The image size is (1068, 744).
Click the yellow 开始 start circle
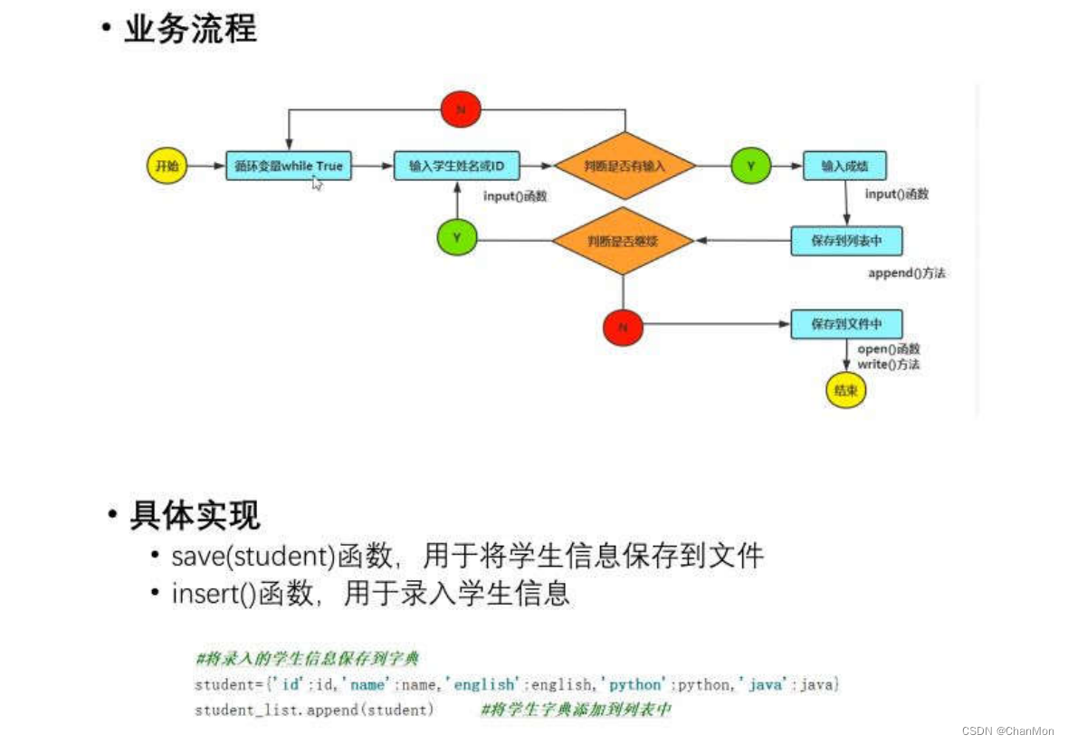[x=165, y=166]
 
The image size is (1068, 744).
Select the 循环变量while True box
[x=289, y=166]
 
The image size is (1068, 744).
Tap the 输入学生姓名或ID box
[x=457, y=166]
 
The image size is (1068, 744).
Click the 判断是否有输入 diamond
[x=625, y=166]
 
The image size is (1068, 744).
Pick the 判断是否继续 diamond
[x=624, y=241]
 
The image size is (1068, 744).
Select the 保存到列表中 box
[x=846, y=241]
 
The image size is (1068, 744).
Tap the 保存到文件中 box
[x=846, y=324]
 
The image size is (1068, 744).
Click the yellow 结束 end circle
[x=846, y=391]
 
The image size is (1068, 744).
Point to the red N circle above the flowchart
[x=461, y=110]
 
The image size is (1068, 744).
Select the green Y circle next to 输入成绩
[x=750, y=166]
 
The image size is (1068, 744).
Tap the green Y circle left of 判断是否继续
[x=456, y=238]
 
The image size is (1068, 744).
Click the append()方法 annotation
[x=906, y=273]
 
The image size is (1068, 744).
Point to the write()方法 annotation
[x=889, y=364]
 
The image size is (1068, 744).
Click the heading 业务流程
[x=191, y=29]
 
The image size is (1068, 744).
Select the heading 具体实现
[x=195, y=516]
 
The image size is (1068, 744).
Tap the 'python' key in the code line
[x=634, y=685]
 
